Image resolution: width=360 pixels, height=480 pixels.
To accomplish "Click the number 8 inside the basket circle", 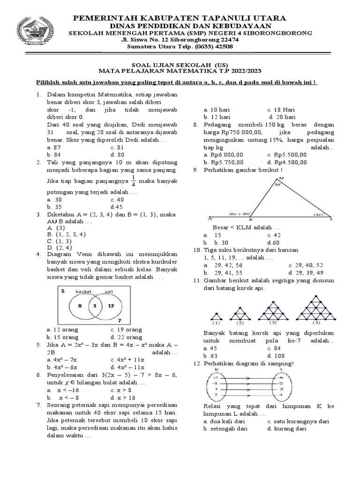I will click(x=80, y=306).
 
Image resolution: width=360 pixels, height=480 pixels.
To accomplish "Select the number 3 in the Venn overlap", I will click(x=95, y=306).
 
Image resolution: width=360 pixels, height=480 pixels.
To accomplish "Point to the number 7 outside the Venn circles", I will click(x=120, y=321).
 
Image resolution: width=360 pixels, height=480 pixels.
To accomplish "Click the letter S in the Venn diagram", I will click(x=61, y=291).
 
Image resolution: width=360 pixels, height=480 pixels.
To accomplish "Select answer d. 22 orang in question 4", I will click(x=126, y=337).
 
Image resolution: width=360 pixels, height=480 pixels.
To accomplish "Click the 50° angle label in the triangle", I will click(x=277, y=185).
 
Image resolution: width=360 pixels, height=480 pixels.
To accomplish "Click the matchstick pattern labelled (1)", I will click(x=216, y=318).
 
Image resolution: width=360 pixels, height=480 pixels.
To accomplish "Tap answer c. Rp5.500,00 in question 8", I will click(x=287, y=155).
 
